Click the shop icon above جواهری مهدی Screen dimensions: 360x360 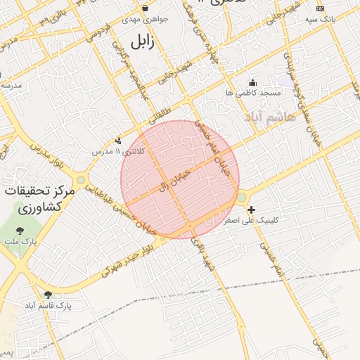point(146,8)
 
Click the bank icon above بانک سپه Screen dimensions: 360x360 point(321,8)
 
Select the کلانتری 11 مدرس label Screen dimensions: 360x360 point(117,151)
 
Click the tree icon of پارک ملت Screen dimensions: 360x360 point(19,230)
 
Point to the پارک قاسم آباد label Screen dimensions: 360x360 point(49,306)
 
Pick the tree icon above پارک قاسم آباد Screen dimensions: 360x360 point(48,295)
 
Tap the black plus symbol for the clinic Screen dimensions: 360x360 point(251,210)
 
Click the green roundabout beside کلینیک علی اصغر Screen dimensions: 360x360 point(241,198)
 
